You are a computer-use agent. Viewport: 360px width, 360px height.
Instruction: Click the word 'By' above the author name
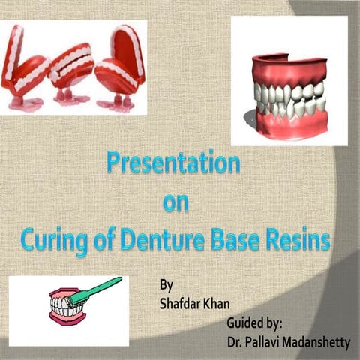167,286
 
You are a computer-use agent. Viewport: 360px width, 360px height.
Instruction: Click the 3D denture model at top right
289,89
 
